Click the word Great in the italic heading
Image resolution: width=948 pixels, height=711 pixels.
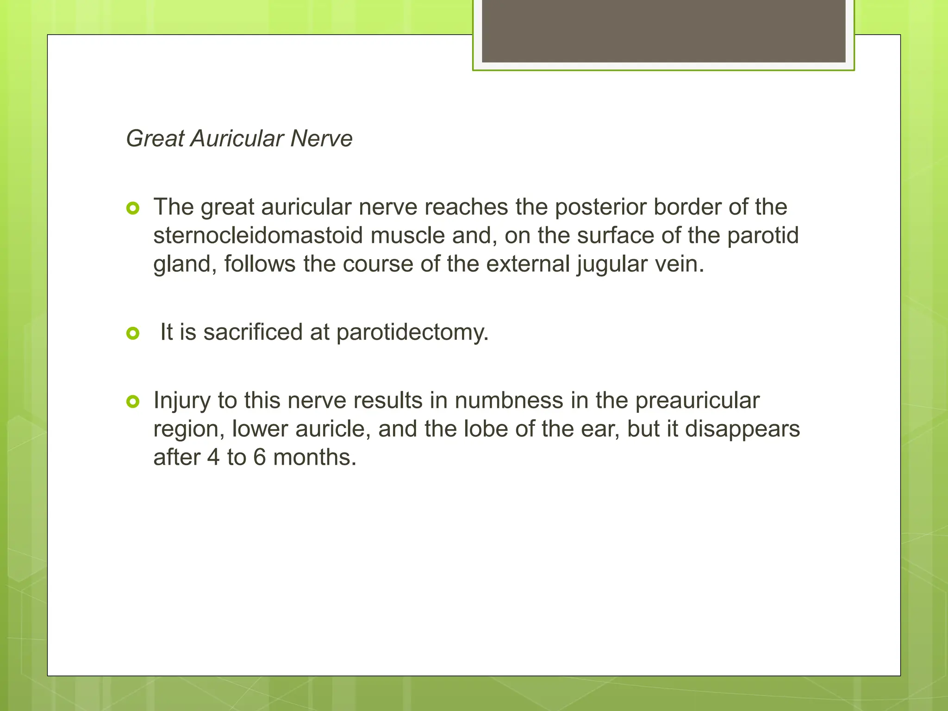pyautogui.click(x=155, y=138)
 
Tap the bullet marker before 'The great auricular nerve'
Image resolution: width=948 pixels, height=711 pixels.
pyautogui.click(x=133, y=209)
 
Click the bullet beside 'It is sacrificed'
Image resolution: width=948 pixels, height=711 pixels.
pyautogui.click(x=133, y=333)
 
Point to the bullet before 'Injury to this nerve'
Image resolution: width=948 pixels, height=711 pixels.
pyautogui.click(x=133, y=402)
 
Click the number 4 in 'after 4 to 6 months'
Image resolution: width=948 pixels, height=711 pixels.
pyautogui.click(x=213, y=457)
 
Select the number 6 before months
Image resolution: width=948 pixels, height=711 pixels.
pyautogui.click(x=260, y=457)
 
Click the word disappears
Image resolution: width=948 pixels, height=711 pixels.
pyautogui.click(x=742, y=429)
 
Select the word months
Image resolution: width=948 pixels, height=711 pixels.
pyautogui.click(x=315, y=457)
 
